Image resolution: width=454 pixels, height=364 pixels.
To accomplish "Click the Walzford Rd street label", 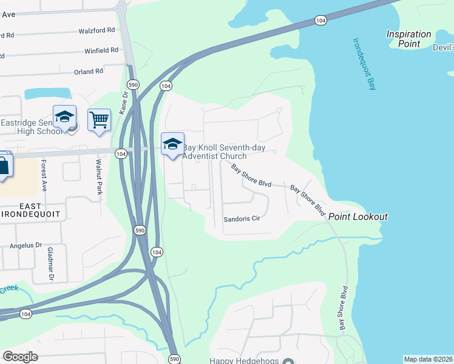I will pyautogui.click(x=97, y=30).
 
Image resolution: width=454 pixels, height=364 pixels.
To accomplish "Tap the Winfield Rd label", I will pyautogui.click(x=101, y=50).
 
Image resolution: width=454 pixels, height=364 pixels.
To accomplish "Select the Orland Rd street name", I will pyautogui.click(x=89, y=72).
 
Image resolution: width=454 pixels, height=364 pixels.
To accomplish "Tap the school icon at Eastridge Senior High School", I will pyautogui.click(x=64, y=117).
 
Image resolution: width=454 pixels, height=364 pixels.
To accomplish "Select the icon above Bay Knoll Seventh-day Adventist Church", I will pyautogui.click(x=172, y=144).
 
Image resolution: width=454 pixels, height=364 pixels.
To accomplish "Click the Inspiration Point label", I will pyautogui.click(x=409, y=39).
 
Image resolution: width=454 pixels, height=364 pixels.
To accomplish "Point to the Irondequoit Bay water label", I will pyautogui.click(x=364, y=64).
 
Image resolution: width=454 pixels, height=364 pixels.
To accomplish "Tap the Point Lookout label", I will pyautogui.click(x=357, y=217).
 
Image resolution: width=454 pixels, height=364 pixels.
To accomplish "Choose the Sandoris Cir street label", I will pyautogui.click(x=242, y=219).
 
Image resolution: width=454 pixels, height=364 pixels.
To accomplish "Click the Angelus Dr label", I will pyautogui.click(x=25, y=246).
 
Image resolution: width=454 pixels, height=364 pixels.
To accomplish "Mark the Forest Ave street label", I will pyautogui.click(x=44, y=172).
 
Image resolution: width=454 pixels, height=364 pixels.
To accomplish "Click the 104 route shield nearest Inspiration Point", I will pyautogui.click(x=320, y=21).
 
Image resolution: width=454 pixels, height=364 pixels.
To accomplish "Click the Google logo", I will pyautogui.click(x=20, y=357).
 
